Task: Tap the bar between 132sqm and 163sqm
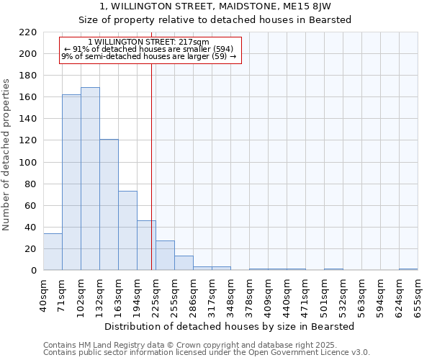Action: (x=109, y=204)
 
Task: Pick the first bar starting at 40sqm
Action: (x=53, y=252)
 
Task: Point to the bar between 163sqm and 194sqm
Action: (x=127, y=230)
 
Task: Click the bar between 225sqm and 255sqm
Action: (x=165, y=256)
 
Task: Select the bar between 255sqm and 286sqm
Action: (x=184, y=263)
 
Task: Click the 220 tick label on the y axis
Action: (x=29, y=32)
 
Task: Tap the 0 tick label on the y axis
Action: (x=34, y=271)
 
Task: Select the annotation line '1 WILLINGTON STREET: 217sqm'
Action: (x=148, y=42)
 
